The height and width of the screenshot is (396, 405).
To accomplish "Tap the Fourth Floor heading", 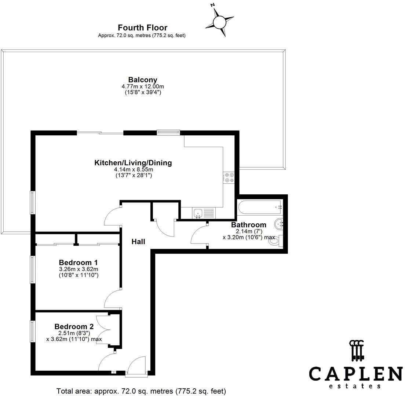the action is pyautogui.click(x=142, y=28).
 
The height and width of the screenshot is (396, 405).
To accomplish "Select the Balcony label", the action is pyautogui.click(x=143, y=80).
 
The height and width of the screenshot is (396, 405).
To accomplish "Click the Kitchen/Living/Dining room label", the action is pyautogui.click(x=133, y=163).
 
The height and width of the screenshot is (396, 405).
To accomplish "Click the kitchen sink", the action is pyautogui.click(x=198, y=213).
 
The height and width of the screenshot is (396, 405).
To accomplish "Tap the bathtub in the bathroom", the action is pyautogui.click(x=260, y=208).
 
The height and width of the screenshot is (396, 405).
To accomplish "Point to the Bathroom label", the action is pyautogui.click(x=249, y=225).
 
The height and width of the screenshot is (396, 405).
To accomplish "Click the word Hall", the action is pyautogui.click(x=138, y=242).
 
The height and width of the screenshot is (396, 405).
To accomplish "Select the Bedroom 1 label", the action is pyautogui.click(x=78, y=263).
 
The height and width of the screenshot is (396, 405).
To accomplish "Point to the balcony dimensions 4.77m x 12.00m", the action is pyautogui.click(x=143, y=87).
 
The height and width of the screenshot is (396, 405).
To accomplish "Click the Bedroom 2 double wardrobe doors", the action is pyautogui.click(x=104, y=329).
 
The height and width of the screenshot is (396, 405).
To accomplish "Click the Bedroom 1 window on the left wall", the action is pyautogui.click(x=33, y=269).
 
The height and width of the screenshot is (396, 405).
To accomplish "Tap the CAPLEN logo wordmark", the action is pyautogui.click(x=355, y=374).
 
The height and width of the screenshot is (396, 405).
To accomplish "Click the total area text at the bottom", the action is pyautogui.click(x=141, y=391).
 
